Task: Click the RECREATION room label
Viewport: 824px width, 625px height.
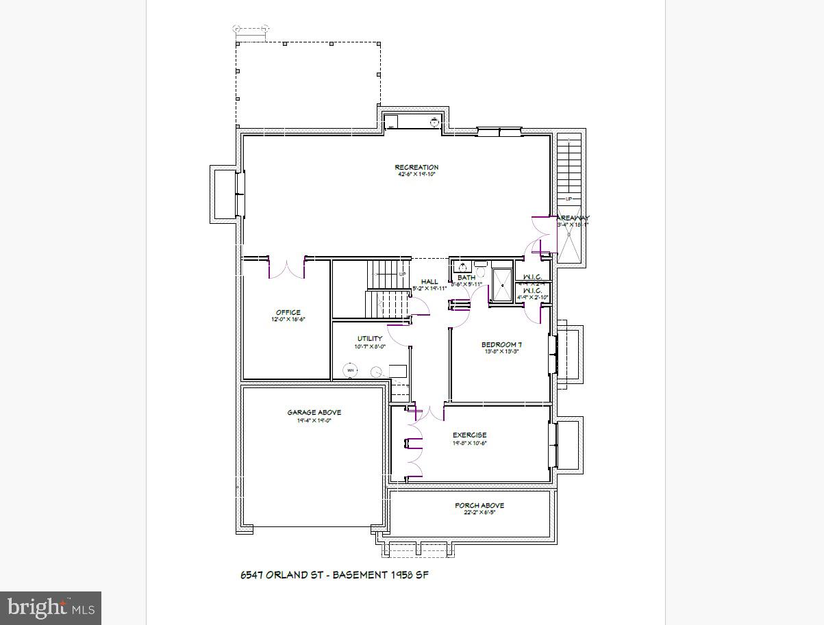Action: [x=416, y=167]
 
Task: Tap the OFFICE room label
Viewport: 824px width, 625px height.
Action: [x=288, y=312]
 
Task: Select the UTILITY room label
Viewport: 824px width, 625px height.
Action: [x=370, y=338]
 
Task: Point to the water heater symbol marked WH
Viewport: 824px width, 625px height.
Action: [x=351, y=370]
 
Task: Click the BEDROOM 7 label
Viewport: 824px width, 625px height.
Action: [x=501, y=344]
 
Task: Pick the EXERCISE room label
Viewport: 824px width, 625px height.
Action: [x=469, y=435]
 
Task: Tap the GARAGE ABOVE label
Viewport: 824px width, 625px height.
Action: [x=314, y=412]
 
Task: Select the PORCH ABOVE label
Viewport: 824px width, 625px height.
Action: [x=479, y=505]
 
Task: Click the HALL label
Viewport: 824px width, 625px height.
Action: [x=429, y=281]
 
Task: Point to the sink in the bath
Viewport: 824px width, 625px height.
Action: [x=462, y=267]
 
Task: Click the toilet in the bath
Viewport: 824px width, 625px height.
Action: [x=480, y=272]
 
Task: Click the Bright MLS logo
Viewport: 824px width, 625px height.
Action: [x=51, y=608]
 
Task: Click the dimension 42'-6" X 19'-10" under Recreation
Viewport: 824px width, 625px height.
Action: [x=416, y=175]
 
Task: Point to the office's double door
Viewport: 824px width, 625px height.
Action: [x=286, y=268]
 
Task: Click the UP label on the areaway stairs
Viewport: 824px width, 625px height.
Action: [x=569, y=199]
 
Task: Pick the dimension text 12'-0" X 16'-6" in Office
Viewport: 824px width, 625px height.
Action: [x=288, y=320]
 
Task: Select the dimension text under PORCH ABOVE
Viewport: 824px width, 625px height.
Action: [x=479, y=513]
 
